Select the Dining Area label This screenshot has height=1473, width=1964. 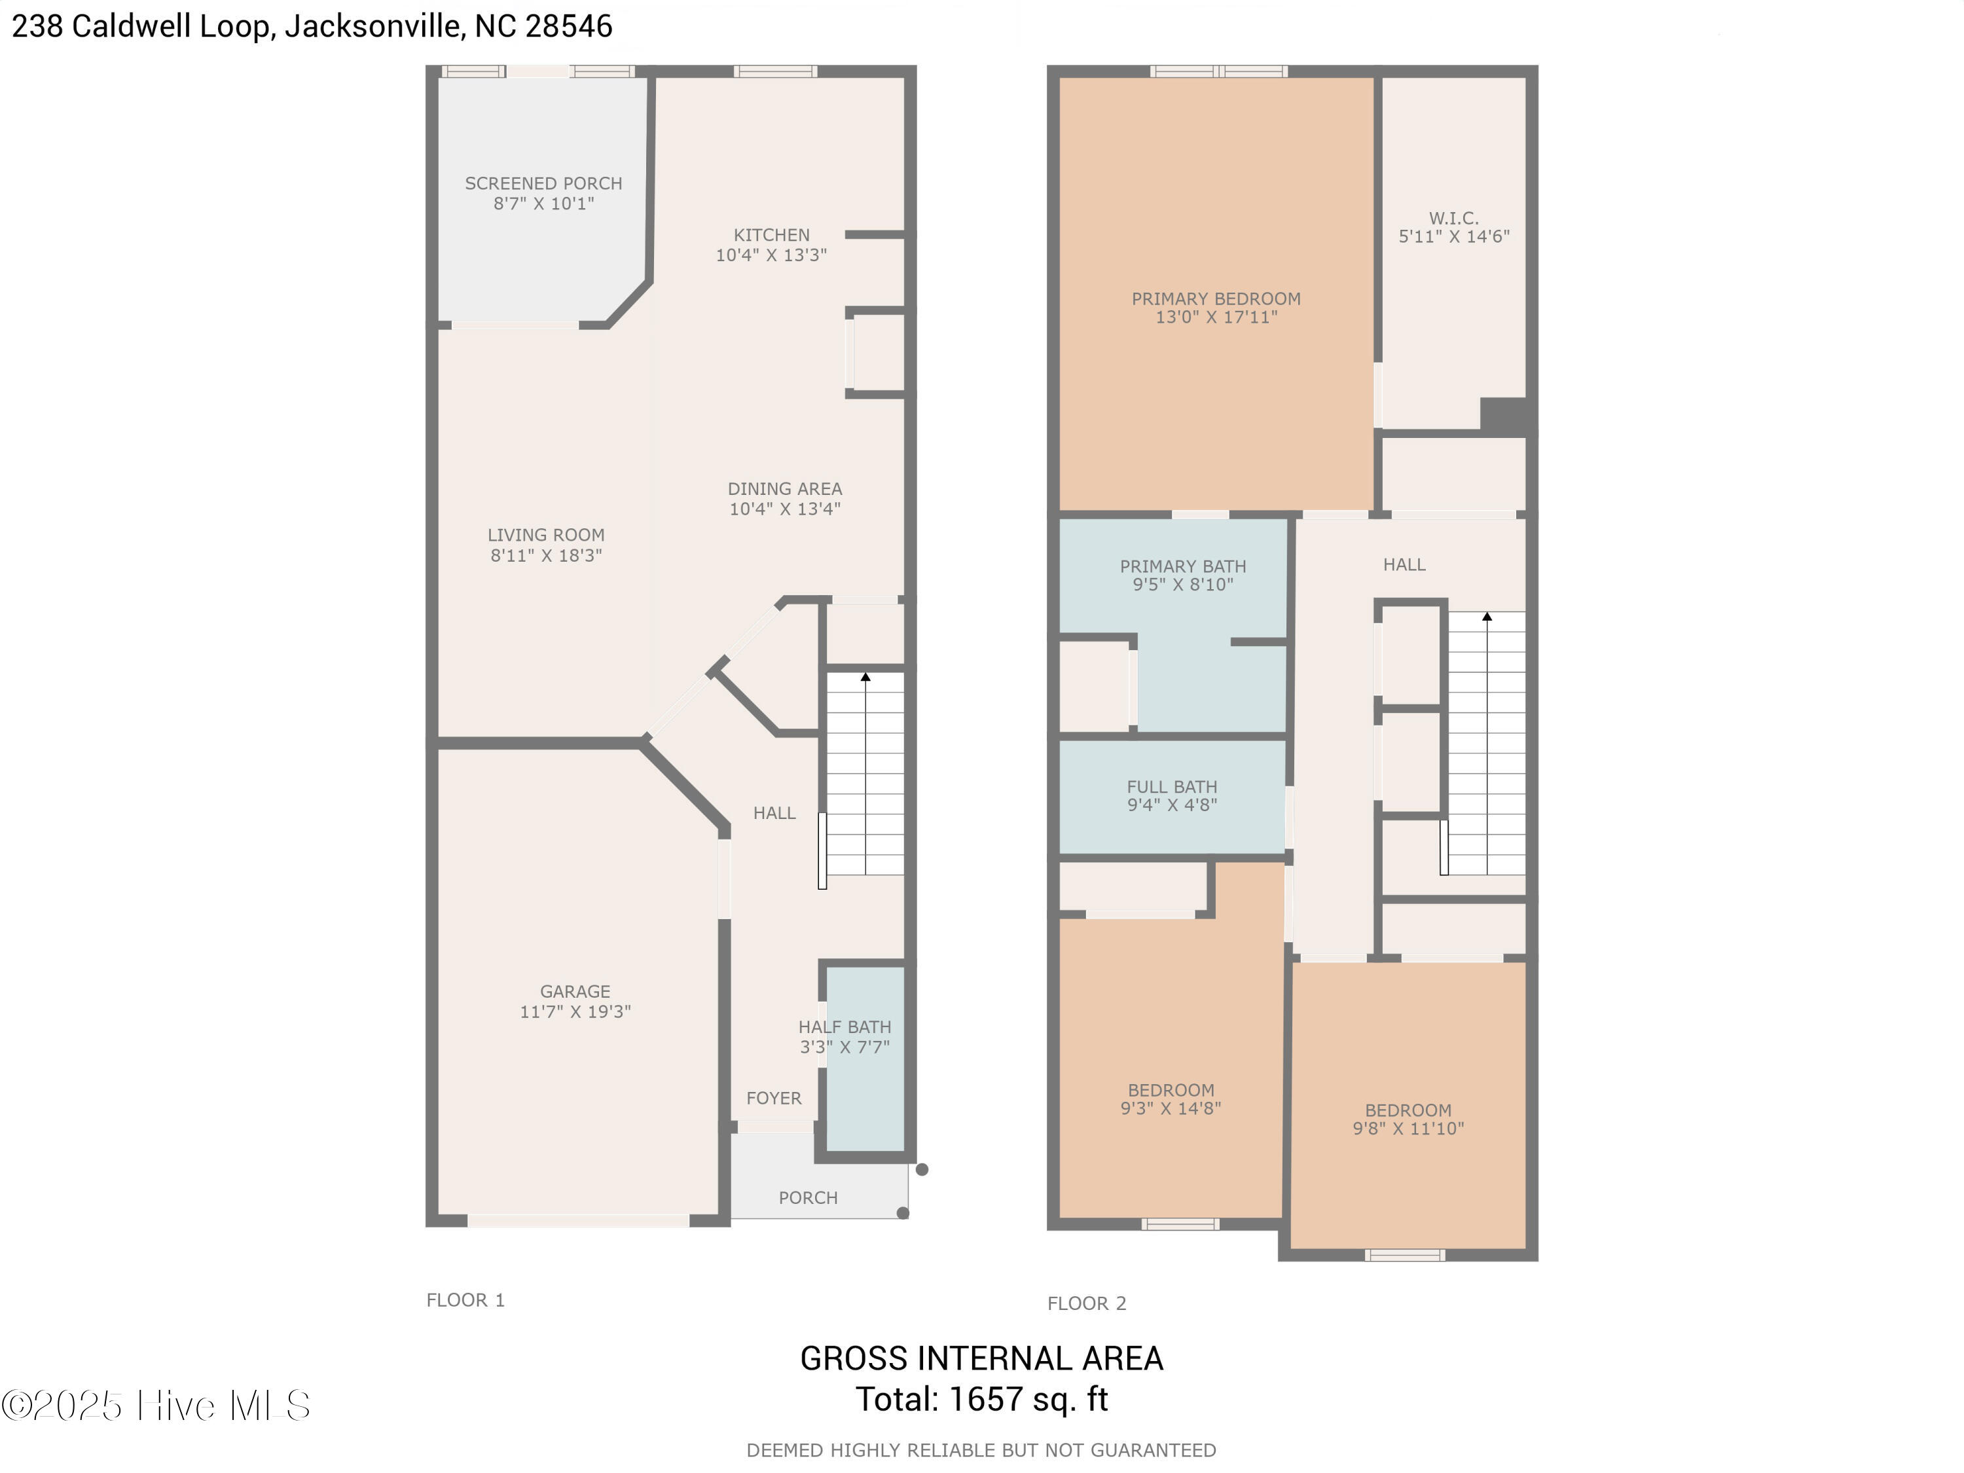coord(784,489)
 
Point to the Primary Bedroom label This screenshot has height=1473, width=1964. coord(1216,299)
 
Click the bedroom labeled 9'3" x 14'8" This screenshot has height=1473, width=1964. coord(1171,1099)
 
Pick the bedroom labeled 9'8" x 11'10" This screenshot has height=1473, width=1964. coord(1408,1119)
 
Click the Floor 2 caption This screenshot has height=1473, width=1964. coord(1086,1303)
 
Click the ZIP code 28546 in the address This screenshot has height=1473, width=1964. coord(568,26)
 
